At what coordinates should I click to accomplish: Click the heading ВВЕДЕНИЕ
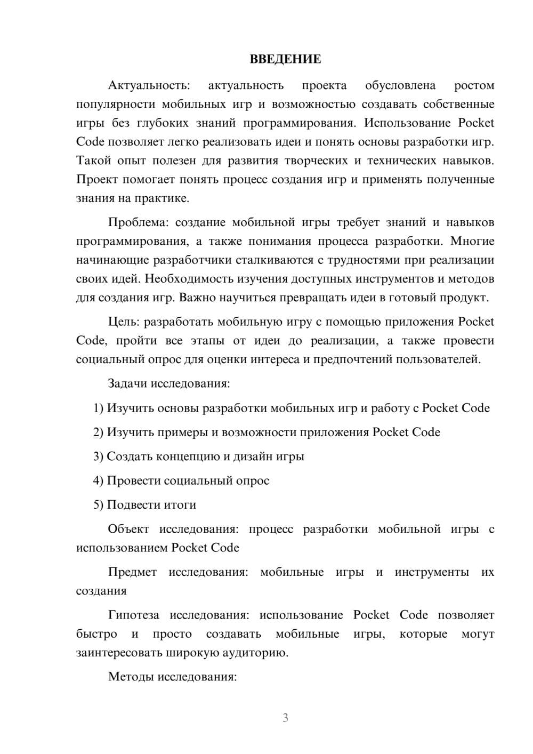point(285,59)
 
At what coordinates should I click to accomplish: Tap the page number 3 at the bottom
point(285,718)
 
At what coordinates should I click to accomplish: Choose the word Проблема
point(139,222)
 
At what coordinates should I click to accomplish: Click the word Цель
point(124,322)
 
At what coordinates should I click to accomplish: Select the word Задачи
point(127,383)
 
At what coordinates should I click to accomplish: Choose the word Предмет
point(132,572)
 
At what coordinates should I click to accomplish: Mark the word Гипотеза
point(133,615)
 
